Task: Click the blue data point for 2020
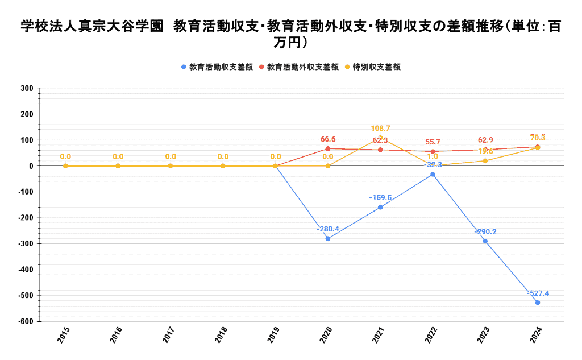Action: (328, 239)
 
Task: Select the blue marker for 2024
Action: (538, 303)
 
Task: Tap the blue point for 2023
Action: (485, 241)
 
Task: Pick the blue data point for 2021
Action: (380, 207)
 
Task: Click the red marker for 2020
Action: (328, 148)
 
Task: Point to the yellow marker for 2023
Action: (485, 161)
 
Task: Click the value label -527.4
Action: (538, 293)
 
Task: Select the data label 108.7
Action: (380, 129)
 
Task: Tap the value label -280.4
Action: (328, 229)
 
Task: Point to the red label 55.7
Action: (433, 142)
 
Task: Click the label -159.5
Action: (380, 197)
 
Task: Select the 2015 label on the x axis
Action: (64, 335)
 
